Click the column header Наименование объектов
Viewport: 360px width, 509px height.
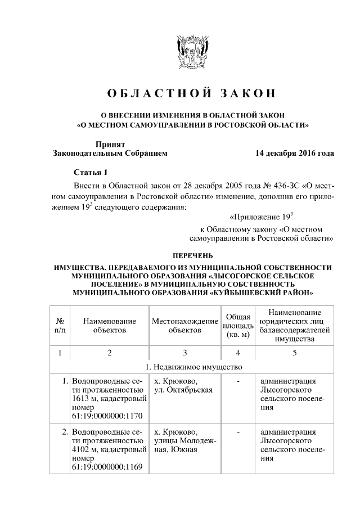[110, 325]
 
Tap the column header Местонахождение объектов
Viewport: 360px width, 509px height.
[184, 325]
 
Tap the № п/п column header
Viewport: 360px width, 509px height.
[60, 325]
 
